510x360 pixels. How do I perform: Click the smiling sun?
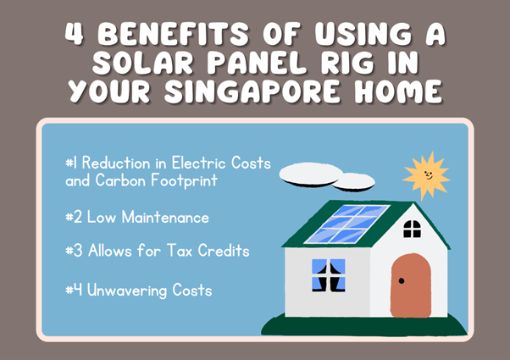tap(426, 176)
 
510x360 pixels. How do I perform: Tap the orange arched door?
tap(411, 285)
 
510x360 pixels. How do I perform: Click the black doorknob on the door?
tap(402, 280)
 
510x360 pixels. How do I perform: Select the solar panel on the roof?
tap(347, 224)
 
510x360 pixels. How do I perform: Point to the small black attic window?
tap(412, 229)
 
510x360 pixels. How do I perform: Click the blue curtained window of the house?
tap(329, 275)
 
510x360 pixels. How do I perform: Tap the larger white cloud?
tap(311, 174)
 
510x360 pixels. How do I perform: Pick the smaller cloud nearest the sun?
tap(353, 181)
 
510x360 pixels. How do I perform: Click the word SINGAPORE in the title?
tap(252, 91)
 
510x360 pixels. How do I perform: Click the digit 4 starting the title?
tap(75, 34)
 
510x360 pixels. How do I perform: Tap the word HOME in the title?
tap(398, 91)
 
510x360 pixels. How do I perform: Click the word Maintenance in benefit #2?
tap(165, 217)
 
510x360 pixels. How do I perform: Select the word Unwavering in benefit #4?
tap(127, 291)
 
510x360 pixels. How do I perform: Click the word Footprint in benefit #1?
tap(184, 180)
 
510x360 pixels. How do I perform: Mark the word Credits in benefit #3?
tap(224, 251)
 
